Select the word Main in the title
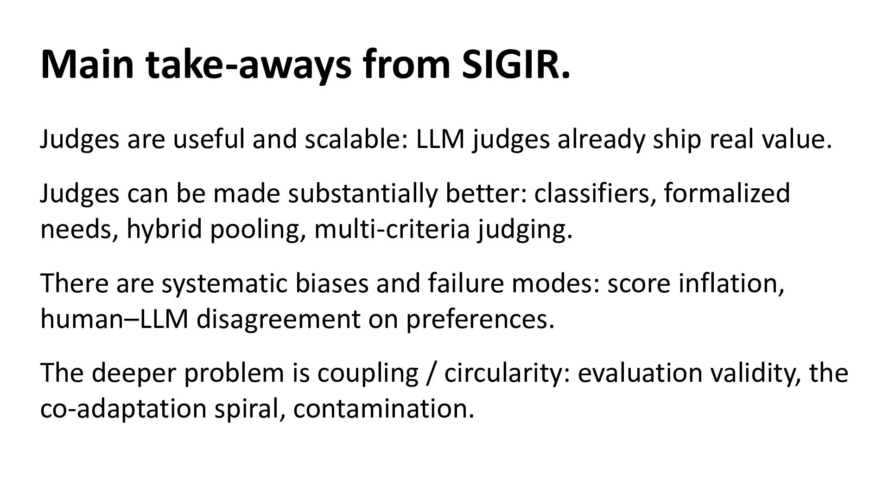(87, 64)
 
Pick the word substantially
(362, 193)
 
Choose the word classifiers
(595, 193)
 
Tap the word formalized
(727, 193)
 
